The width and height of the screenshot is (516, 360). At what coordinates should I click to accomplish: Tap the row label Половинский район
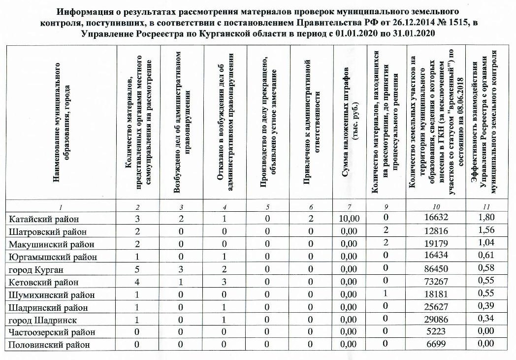[50, 345]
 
